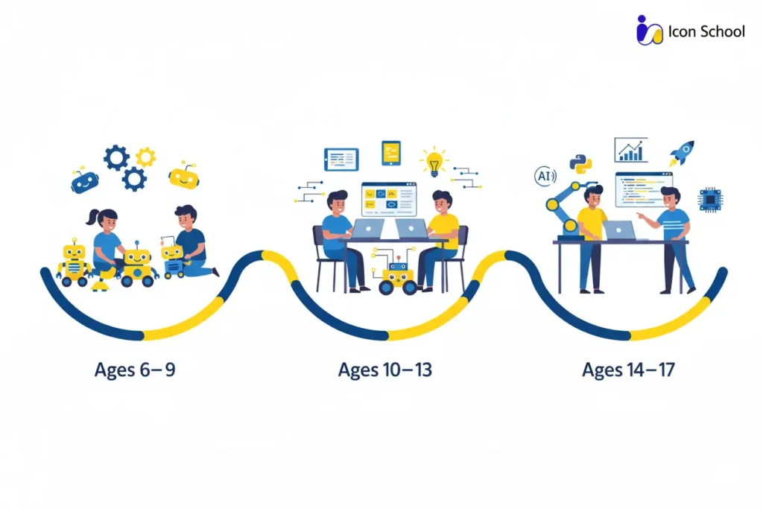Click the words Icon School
point(706,31)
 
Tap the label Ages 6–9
point(135,370)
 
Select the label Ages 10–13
point(384,370)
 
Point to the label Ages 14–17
point(628,370)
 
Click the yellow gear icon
point(145,157)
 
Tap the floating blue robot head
point(84,181)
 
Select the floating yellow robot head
point(183,176)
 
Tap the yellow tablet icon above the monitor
point(390,153)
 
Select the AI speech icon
point(545,177)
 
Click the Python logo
point(580,164)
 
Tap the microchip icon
point(709,200)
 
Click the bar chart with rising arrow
point(630,150)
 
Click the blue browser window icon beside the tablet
point(341,159)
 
